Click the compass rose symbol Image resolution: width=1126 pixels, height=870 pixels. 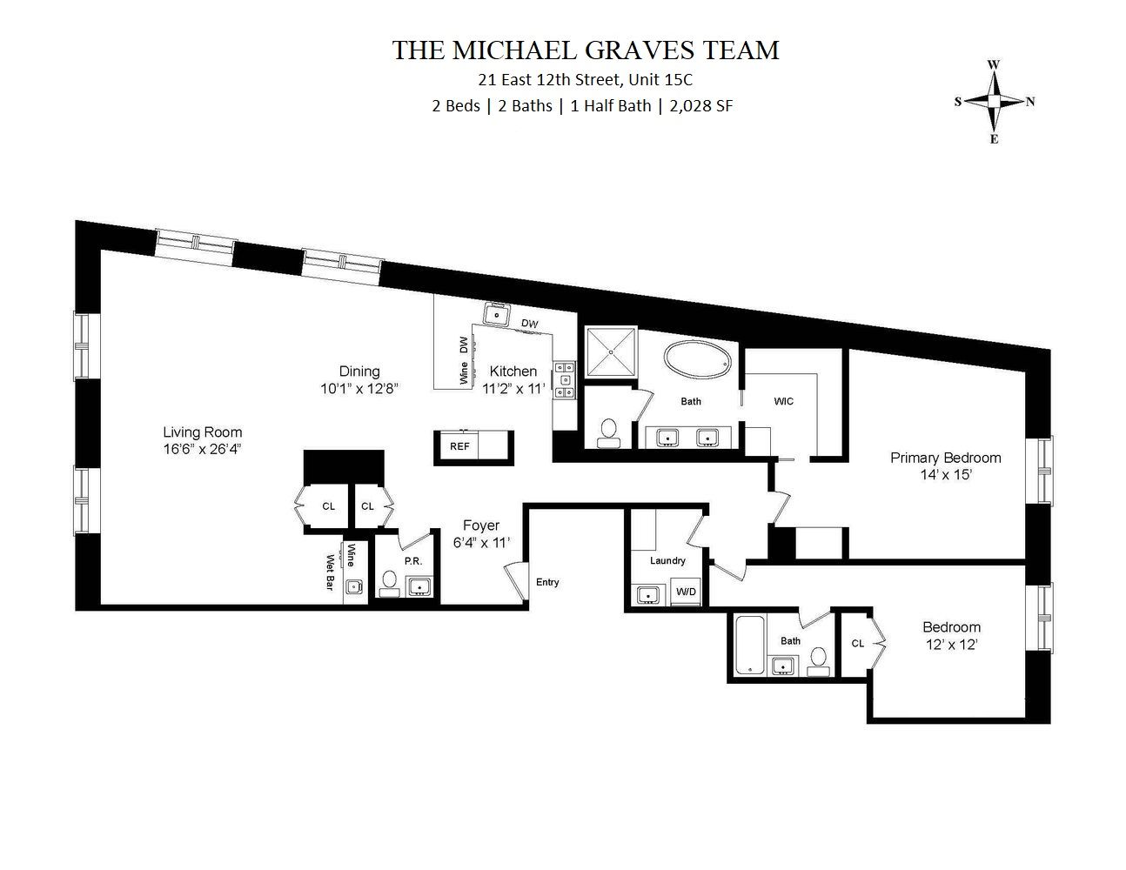coord(994,102)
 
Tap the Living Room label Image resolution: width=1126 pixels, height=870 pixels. coord(203,432)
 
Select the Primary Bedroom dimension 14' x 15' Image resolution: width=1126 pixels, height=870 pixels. coord(945,475)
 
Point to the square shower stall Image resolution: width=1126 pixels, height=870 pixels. coord(611,352)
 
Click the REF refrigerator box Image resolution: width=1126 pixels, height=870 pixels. coord(459,446)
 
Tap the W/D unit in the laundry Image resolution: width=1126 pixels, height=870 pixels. coord(686,592)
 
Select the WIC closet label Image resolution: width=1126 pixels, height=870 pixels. coord(783,401)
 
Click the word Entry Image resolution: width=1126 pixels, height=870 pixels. coord(547,582)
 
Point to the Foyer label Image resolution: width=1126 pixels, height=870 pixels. coord(480,525)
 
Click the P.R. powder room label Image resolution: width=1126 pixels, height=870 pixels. coord(412,561)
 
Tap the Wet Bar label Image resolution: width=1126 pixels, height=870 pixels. coord(331,572)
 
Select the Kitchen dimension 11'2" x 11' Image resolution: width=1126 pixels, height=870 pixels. coord(513,390)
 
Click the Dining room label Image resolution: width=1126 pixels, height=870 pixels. coord(359,371)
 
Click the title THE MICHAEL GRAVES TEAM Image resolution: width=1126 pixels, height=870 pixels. coord(585,50)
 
